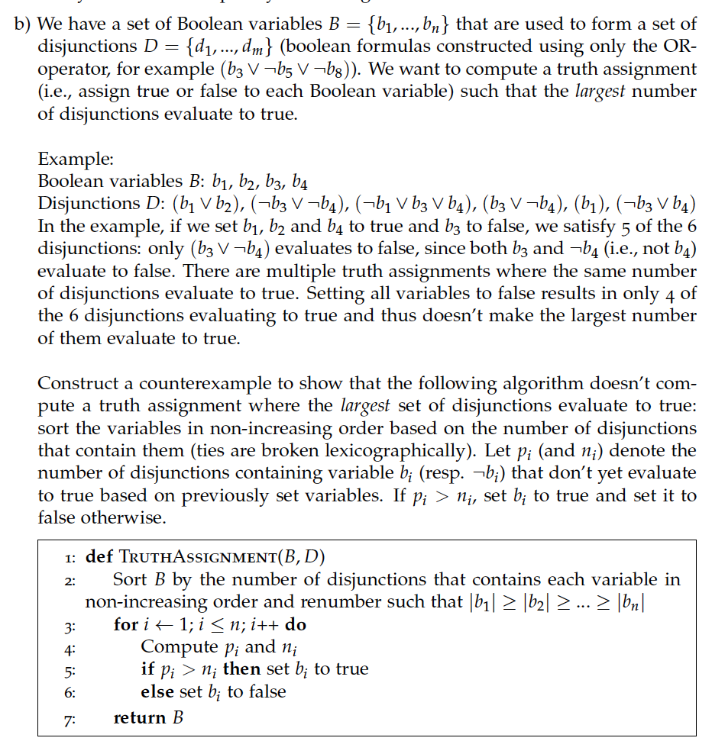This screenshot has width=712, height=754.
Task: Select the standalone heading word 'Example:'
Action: coord(76,159)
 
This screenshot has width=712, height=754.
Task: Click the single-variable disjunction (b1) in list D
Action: coord(592,204)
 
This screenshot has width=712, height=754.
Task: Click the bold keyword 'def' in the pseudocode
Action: coord(99,556)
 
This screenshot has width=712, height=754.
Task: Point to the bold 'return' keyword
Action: coord(140,717)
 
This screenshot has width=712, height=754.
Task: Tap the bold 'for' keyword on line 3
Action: coord(125,624)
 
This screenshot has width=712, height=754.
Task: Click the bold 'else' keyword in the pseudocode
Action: coord(156,692)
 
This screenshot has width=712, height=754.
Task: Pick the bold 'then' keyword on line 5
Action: coord(241,669)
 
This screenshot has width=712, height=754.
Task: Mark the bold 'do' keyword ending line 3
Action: coord(296,624)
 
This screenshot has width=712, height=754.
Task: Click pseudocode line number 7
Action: coord(69,718)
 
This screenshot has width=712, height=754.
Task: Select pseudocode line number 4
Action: coord(69,648)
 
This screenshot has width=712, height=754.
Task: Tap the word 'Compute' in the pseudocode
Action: coord(179,647)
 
